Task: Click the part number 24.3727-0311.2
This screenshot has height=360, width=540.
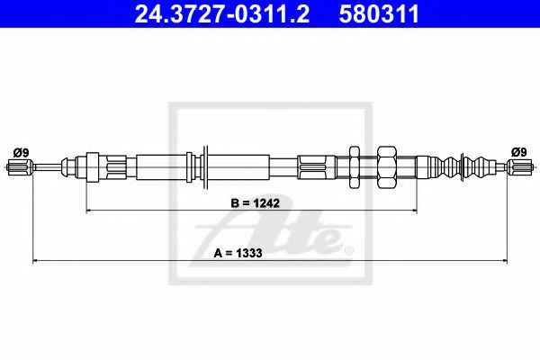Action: [221, 13]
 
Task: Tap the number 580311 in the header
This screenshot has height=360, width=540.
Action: [379, 13]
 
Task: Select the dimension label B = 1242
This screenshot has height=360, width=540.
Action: [256, 203]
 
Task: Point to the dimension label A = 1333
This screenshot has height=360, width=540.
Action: [238, 253]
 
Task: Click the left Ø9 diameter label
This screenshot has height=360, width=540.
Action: [21, 152]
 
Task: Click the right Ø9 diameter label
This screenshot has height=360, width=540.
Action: [519, 152]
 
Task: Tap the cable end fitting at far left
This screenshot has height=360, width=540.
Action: [20, 167]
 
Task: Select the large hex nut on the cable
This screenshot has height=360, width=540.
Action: [387, 167]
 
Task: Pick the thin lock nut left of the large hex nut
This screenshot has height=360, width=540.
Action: [355, 167]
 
